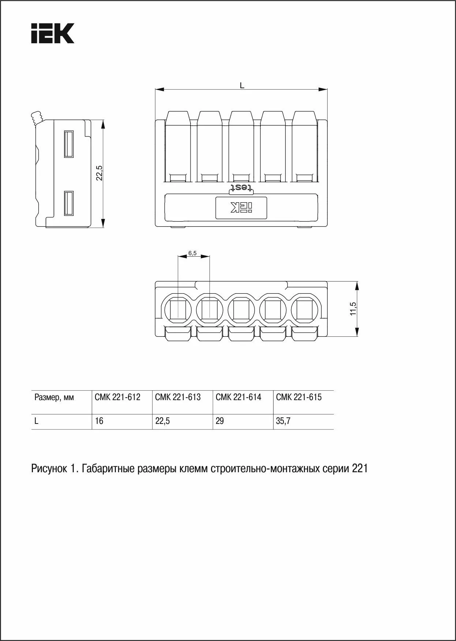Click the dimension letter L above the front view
242,85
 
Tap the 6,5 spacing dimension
192,253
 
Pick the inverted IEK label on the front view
241,208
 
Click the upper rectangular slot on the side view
69,144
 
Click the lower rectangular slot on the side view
69,203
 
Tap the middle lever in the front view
241,146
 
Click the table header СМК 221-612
117,398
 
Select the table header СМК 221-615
299,398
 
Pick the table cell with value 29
220,421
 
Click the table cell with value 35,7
283,421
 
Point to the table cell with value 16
99,421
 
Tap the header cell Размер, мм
54,398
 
